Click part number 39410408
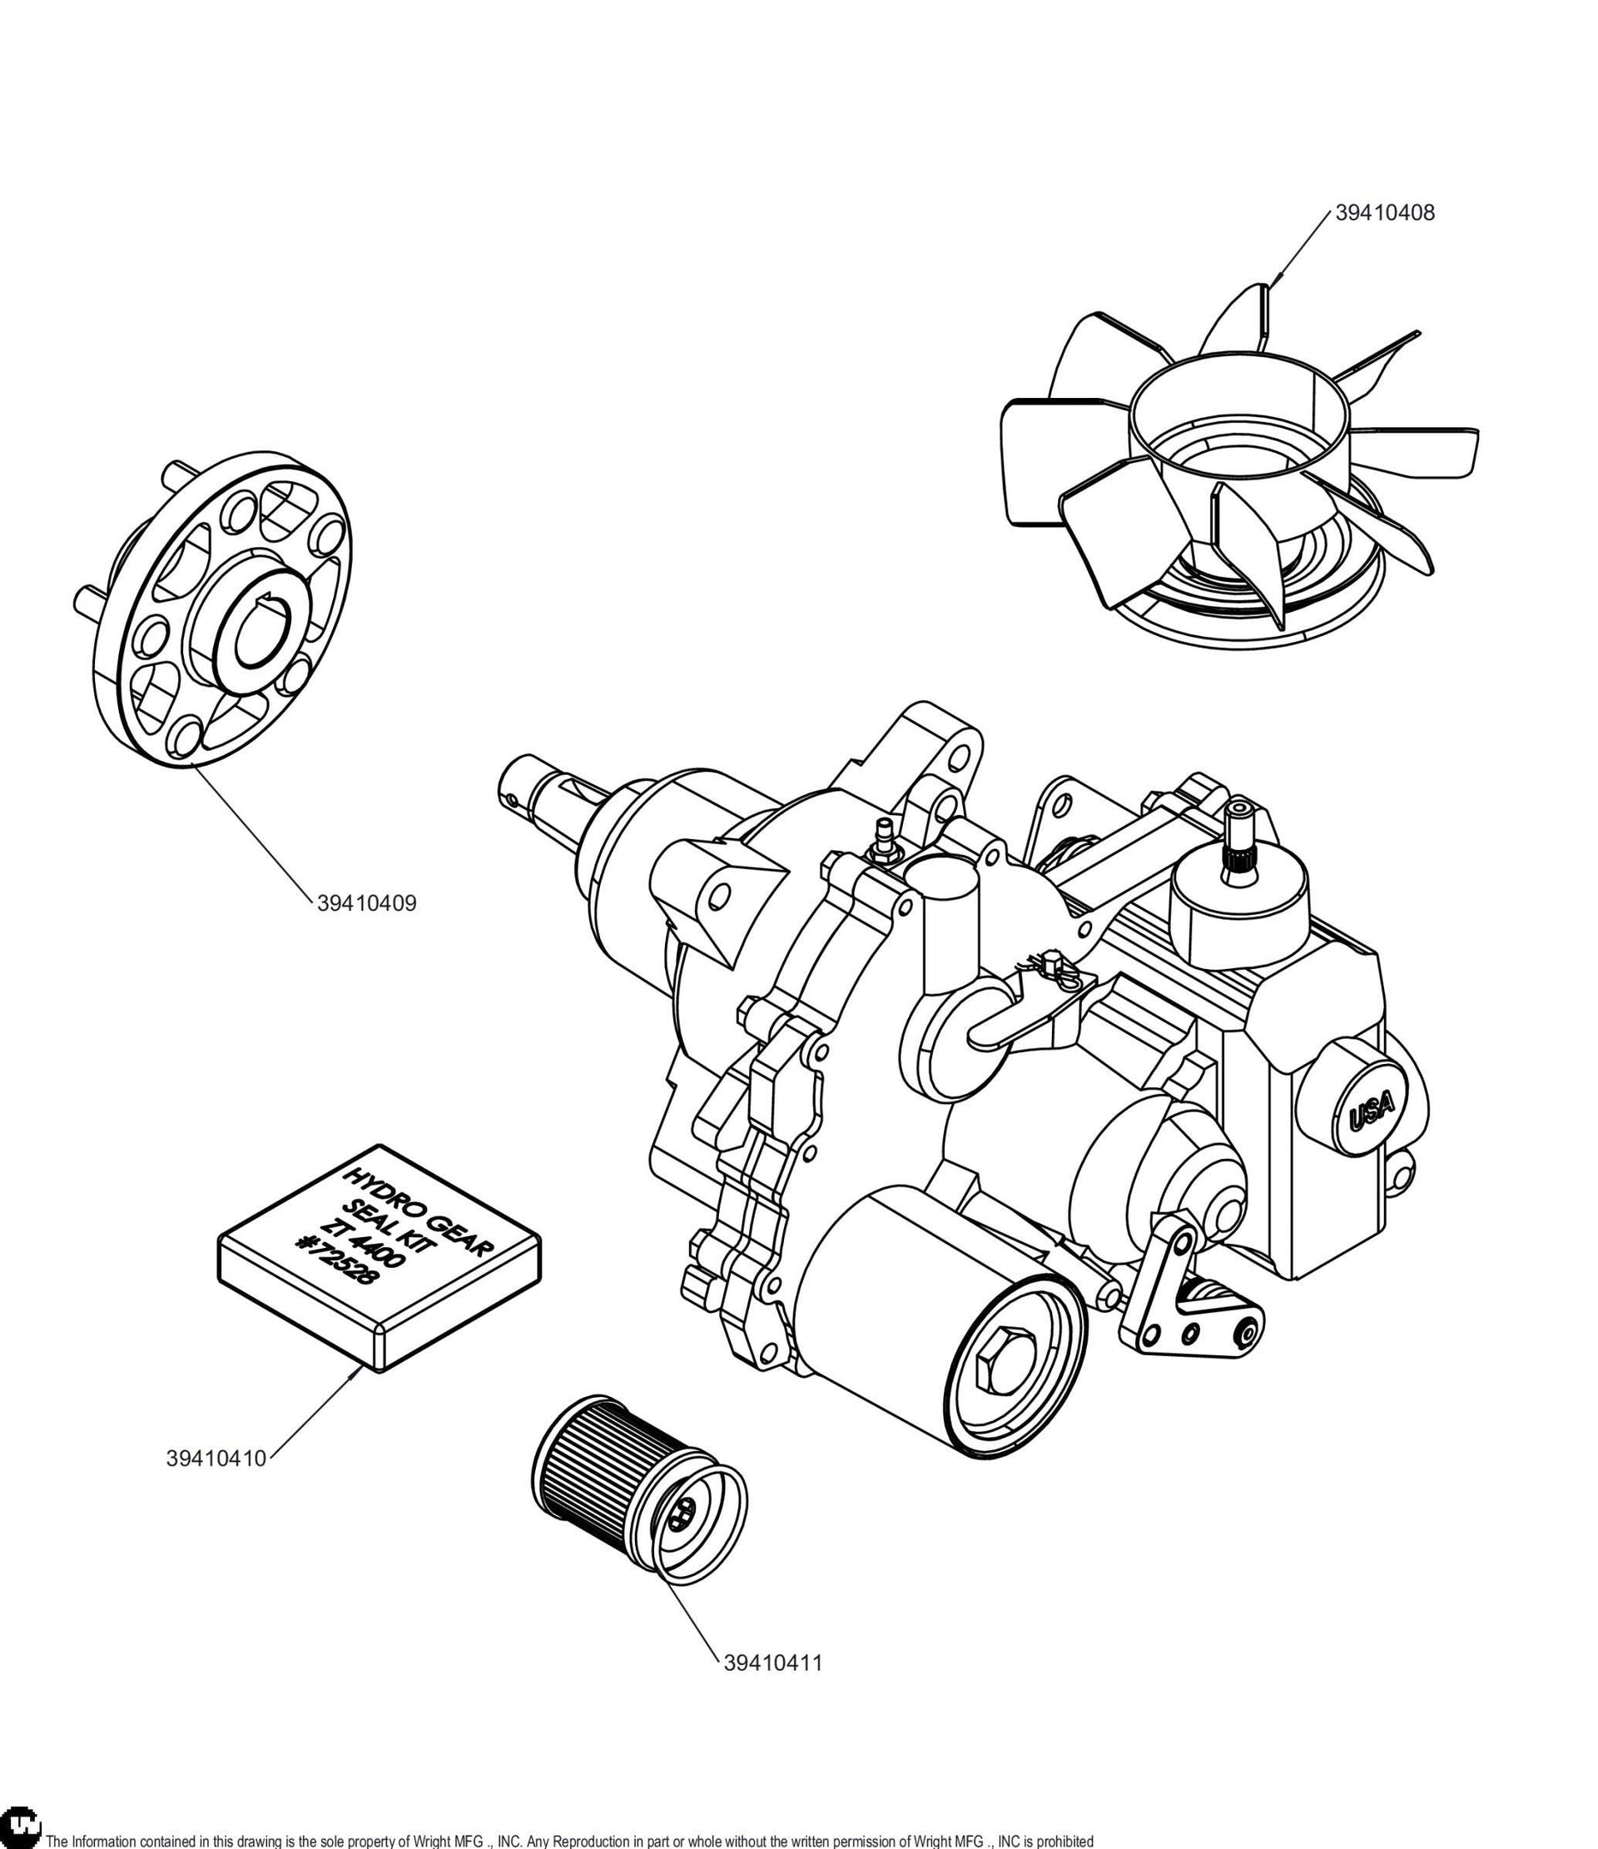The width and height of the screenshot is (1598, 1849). click(1385, 213)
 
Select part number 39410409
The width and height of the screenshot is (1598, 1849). click(367, 903)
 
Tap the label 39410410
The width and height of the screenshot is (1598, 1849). click(216, 1459)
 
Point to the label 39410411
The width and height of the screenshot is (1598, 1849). click(772, 1663)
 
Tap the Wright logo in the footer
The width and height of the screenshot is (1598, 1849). click(20, 1828)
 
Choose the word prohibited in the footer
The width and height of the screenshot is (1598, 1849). click(1063, 1840)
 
